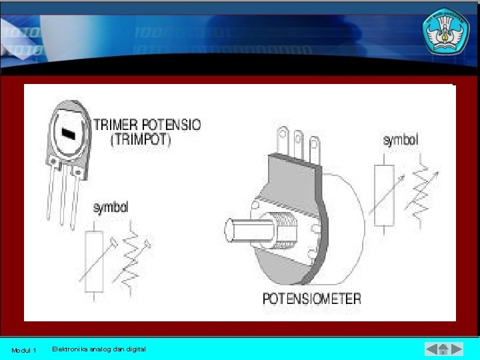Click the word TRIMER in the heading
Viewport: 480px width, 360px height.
[116, 125]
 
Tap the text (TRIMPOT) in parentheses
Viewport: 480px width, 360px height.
[141, 140]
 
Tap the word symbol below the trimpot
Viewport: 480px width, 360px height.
[111, 208]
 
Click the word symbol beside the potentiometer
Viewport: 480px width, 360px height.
[401, 140]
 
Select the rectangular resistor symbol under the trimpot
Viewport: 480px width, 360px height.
[94, 262]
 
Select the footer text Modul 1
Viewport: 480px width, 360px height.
[24, 350]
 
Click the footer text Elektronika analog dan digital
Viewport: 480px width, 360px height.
[99, 349]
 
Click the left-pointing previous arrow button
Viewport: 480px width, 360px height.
[432, 349]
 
